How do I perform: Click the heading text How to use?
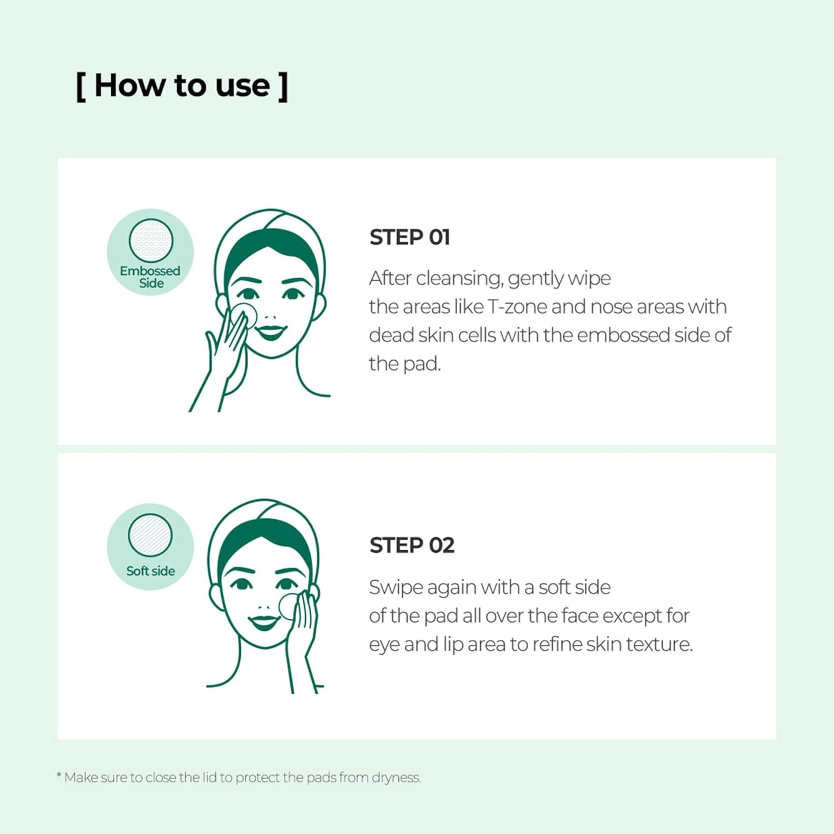182,86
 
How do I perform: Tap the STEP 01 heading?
410,237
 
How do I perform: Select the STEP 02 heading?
412,545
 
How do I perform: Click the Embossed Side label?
150,277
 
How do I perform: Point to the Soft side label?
150,571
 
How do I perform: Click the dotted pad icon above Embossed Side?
151,241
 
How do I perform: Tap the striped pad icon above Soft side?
150,535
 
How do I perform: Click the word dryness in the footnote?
396,778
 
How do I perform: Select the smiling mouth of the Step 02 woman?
264,623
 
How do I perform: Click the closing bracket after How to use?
282,87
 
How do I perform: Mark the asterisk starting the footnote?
59,776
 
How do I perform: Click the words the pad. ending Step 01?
405,364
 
